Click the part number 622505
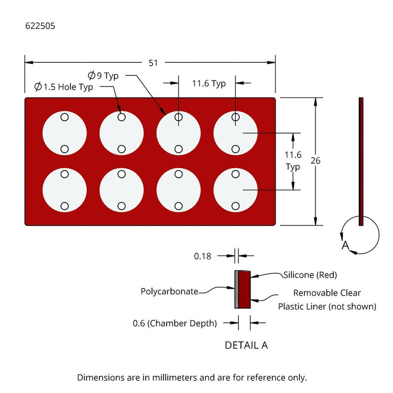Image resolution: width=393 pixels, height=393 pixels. [40, 26]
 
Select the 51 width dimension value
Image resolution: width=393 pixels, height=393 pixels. [153, 63]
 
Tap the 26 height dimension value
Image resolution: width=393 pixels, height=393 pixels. [315, 160]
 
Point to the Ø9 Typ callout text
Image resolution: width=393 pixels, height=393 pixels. [103, 75]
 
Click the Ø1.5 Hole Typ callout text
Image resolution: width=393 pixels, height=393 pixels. [63, 86]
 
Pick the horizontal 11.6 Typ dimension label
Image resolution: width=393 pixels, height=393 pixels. [209, 83]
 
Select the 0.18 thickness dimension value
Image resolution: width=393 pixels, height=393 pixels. [202, 256]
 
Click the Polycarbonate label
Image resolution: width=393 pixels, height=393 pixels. [169, 291]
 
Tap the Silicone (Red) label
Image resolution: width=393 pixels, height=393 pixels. [310, 275]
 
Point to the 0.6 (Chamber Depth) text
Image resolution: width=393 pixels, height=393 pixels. [174, 323]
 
